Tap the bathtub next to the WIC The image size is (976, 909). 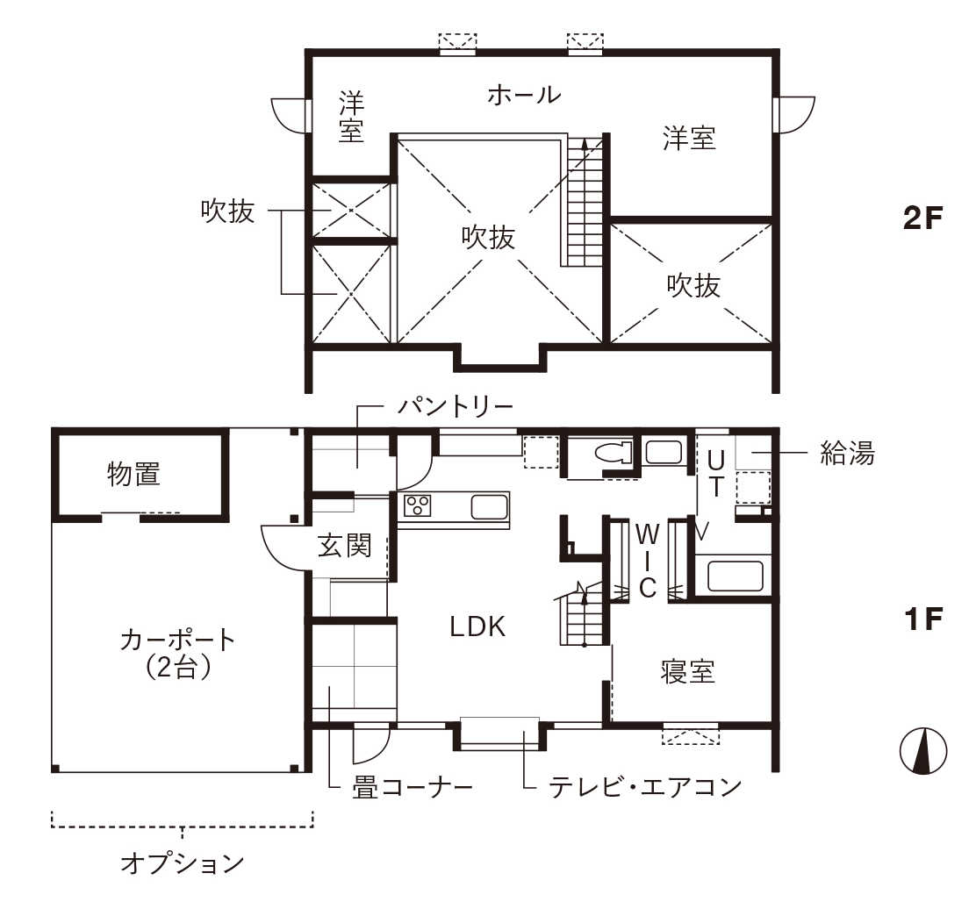pos(735,576)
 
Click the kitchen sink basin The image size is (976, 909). pos(489,507)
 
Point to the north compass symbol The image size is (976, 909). pos(923,751)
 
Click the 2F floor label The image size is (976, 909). pos(922,218)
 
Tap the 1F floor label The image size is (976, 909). pos(923,619)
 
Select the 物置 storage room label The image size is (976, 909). pos(133,474)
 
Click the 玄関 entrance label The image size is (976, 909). pos(344,545)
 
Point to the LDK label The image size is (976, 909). pos(477,626)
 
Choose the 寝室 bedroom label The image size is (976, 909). pos(687,672)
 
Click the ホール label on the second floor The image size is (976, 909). pos(524,95)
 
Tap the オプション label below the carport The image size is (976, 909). pos(182,863)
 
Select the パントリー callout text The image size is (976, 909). pos(455,407)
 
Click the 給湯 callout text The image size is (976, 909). pos(847,453)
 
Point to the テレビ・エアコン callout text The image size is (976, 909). pos(645,787)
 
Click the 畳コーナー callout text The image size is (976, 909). pos(412,788)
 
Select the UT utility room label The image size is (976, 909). pos(716,474)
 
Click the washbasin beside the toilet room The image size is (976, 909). pos(664,452)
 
